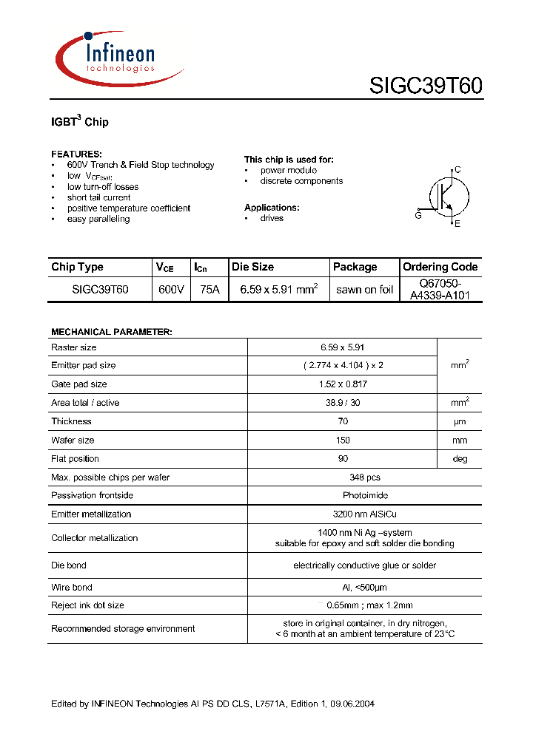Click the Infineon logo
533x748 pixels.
(x=118, y=58)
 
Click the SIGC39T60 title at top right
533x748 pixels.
(x=426, y=86)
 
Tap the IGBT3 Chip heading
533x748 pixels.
(x=79, y=121)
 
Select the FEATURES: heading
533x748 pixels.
(x=76, y=154)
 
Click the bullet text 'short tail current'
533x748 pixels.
(x=98, y=197)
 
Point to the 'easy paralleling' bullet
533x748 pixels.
(x=98, y=219)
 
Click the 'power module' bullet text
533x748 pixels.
(x=288, y=170)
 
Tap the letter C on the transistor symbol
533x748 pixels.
(x=457, y=170)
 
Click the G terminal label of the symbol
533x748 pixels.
(x=418, y=215)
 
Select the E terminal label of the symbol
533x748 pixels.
(x=457, y=223)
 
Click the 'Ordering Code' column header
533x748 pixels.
(x=440, y=267)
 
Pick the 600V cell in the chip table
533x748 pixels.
(x=171, y=290)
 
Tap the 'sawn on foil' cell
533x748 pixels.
(x=364, y=290)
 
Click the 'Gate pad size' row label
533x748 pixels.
(x=79, y=384)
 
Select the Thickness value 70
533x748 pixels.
(x=342, y=421)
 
